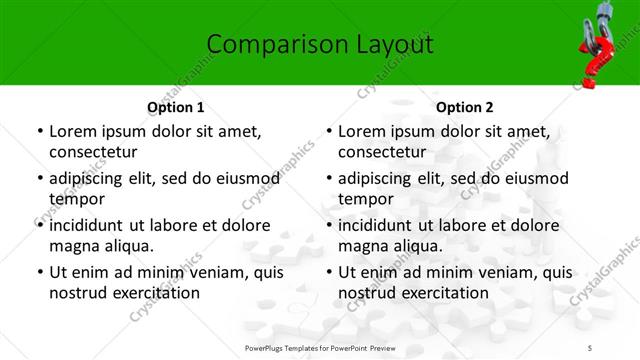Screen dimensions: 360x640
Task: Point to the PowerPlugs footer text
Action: (x=320, y=346)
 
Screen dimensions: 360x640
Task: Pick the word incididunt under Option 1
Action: (x=93, y=225)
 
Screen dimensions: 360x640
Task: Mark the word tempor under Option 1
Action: (x=77, y=200)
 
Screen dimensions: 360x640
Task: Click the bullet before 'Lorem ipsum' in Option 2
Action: (x=328, y=132)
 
